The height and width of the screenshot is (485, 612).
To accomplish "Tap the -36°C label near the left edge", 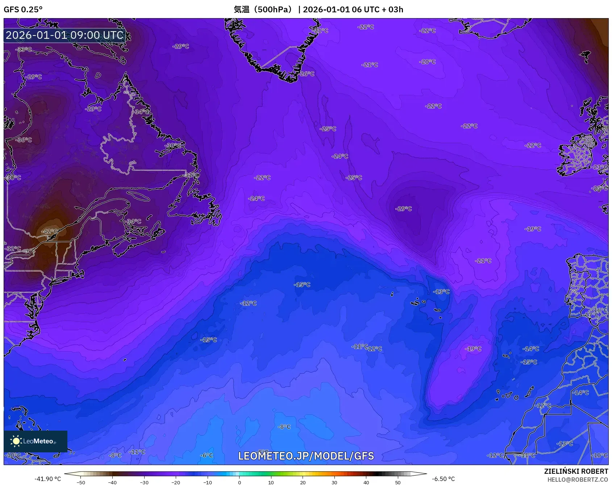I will click(x=24, y=140).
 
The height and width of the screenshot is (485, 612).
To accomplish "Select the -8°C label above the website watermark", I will click(x=284, y=427).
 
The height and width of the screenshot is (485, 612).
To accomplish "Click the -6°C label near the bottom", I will click(x=207, y=455).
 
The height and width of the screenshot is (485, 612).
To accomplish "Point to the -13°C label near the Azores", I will click(x=441, y=291).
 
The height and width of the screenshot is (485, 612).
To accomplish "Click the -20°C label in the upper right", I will click(x=428, y=62).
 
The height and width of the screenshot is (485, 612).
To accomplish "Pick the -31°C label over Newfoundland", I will click(x=192, y=175).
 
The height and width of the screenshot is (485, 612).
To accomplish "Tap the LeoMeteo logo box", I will click(x=36, y=441).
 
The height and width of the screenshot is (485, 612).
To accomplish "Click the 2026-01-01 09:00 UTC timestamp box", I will click(x=64, y=35).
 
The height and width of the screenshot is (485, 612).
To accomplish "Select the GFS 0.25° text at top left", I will click(x=23, y=9).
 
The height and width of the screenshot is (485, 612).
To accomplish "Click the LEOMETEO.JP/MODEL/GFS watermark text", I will click(x=306, y=456).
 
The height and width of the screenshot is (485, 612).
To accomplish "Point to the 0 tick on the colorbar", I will click(x=239, y=482).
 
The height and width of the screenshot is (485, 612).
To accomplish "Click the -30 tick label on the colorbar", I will click(x=144, y=482).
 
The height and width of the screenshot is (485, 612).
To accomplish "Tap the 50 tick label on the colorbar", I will click(x=397, y=482).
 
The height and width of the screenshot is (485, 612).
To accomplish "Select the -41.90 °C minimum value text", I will click(x=47, y=479).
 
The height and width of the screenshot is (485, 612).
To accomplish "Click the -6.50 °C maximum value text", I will click(x=443, y=479).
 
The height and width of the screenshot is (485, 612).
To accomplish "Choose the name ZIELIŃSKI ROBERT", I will click(x=576, y=471).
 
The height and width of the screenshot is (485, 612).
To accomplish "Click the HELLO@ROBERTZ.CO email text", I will click(x=578, y=480).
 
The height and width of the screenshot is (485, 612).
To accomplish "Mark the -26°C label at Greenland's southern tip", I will click(x=307, y=74).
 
